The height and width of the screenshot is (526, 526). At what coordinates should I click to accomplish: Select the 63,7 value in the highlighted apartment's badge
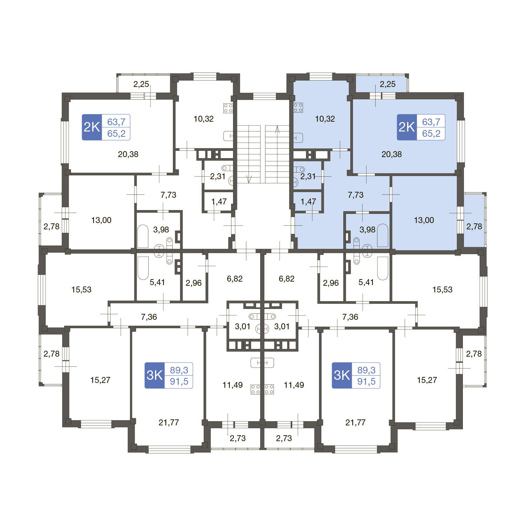pyautogui.click(x=431, y=122)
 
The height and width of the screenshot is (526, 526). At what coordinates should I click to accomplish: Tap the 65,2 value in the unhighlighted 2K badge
pyautogui.click(x=116, y=134)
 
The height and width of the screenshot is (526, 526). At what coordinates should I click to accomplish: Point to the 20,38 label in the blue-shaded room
pyautogui.click(x=391, y=154)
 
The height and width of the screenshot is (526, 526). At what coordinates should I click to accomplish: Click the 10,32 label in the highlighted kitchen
pyautogui.click(x=325, y=119)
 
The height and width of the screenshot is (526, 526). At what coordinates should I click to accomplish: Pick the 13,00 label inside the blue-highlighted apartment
pyautogui.click(x=424, y=220)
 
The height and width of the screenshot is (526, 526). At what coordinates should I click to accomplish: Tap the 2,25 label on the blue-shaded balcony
pyautogui.click(x=387, y=84)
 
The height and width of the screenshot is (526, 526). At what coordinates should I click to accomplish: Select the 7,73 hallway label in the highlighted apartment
pyautogui.click(x=356, y=195)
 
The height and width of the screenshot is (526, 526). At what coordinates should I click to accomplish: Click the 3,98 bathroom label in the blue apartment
pyautogui.click(x=367, y=230)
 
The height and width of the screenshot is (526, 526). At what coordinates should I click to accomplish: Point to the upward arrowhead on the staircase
pyautogui.click(x=277, y=129)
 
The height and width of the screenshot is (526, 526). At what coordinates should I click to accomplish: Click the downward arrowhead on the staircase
pyautogui.click(x=249, y=179)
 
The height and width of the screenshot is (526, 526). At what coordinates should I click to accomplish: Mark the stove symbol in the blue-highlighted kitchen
pyautogui.click(x=298, y=108)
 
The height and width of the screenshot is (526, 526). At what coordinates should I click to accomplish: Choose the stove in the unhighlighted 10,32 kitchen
pyautogui.click(x=228, y=108)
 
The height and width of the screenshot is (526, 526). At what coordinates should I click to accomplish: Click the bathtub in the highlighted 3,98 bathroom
pyautogui.click(x=383, y=236)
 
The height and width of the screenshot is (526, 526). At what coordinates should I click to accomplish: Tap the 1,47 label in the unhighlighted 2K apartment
pyautogui.click(x=219, y=202)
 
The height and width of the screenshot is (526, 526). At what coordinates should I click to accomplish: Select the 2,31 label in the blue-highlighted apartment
pyautogui.click(x=308, y=176)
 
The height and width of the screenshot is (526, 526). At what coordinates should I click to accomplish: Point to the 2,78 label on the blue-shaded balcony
pyautogui.click(x=474, y=227)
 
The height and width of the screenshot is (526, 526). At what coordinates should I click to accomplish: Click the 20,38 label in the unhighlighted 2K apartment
pyautogui.click(x=128, y=154)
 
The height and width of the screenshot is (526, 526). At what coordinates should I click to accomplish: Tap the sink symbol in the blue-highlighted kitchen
pyautogui.click(x=297, y=137)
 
